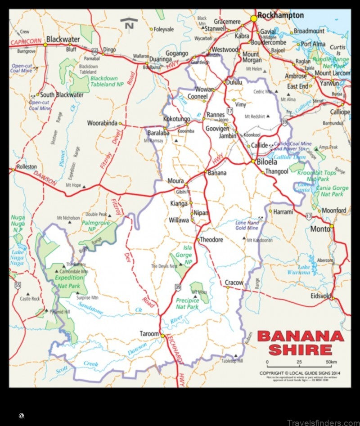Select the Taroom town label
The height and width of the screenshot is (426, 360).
[x=149, y=334]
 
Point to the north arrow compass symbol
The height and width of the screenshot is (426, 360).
[x=129, y=23]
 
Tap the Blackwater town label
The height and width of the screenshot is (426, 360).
[x=63, y=39]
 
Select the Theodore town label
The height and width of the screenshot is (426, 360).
[x=211, y=240]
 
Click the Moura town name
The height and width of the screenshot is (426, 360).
[x=175, y=181]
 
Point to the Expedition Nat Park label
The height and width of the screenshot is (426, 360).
[x=68, y=282]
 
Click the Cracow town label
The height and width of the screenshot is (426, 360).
[x=234, y=283]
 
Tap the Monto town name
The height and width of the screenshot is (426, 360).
[x=320, y=229]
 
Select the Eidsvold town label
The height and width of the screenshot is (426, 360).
[x=320, y=296]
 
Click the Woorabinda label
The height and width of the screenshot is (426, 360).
[x=102, y=123]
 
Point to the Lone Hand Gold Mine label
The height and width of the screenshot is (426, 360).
[x=247, y=225]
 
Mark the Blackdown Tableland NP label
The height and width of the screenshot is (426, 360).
[x=107, y=81]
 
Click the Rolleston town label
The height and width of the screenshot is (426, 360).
[x=27, y=166]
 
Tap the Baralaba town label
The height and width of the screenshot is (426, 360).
[x=158, y=133]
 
